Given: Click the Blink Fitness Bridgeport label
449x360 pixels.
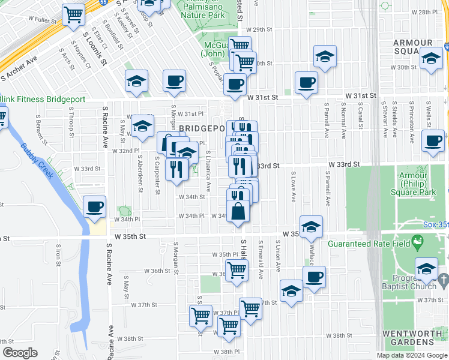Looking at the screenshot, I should (43, 99).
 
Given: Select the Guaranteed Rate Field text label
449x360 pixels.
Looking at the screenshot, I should (369, 244).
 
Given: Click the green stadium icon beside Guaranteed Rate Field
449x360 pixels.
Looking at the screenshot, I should (418, 243).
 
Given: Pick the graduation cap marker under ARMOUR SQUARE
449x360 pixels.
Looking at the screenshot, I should (430, 59).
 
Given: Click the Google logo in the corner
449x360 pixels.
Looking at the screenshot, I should (20, 353).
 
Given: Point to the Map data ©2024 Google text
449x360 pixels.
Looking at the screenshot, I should (412, 355).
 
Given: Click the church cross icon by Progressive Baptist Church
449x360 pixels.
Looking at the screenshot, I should (442, 280).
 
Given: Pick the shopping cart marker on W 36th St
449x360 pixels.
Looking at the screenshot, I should (237, 271).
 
